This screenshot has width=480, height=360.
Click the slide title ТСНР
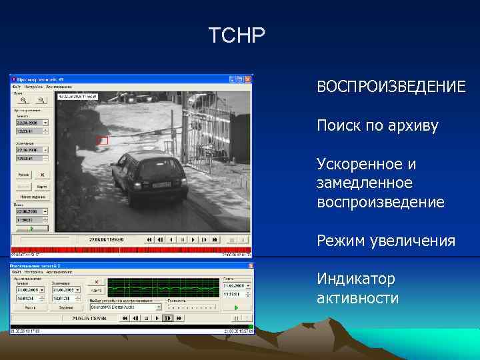(x=237, y=35)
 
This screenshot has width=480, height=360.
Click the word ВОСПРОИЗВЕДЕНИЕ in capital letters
(x=391, y=87)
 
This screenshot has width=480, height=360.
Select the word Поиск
(x=339, y=126)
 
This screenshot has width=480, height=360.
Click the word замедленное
(x=365, y=183)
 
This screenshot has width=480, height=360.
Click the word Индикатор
(x=356, y=278)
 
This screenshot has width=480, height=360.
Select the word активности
(x=357, y=297)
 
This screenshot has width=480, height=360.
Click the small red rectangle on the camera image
(x=103, y=140)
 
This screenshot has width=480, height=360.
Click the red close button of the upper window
(x=249, y=79)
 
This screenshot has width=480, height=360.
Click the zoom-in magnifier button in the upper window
(x=23, y=99)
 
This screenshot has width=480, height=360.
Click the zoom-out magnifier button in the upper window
(x=39, y=99)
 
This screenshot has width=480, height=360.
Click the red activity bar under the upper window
(x=131, y=251)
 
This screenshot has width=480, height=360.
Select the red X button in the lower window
(x=97, y=281)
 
